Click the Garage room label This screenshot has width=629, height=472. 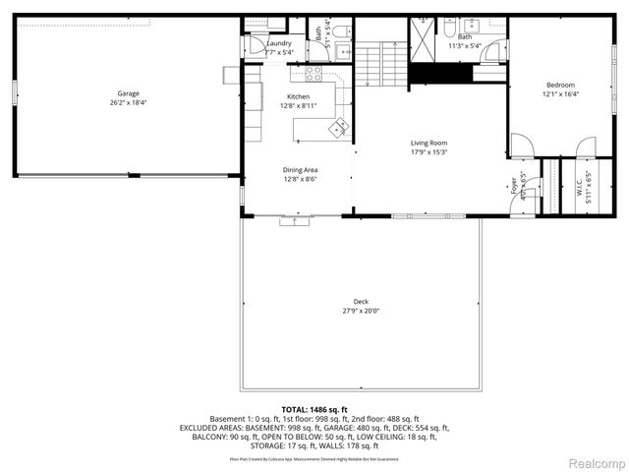(128, 93)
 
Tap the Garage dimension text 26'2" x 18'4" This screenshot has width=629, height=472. (128, 101)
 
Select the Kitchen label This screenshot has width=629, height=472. (298, 96)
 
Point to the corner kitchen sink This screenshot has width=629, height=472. (339, 126)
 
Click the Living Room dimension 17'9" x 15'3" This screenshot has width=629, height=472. (429, 152)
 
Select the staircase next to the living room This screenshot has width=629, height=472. (379, 62)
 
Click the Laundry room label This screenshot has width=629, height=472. (279, 43)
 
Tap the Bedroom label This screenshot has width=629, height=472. (560, 86)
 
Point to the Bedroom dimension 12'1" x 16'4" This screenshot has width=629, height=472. (560, 94)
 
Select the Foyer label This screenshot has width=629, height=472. (513, 186)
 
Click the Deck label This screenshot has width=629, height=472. (361, 302)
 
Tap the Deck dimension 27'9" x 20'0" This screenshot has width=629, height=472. (361, 311)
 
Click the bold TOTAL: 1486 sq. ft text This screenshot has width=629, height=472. (314, 409)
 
